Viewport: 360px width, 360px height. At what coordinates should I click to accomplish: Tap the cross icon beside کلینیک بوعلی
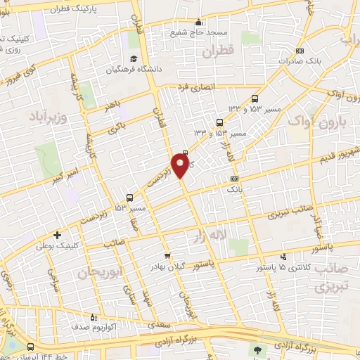(56, 235)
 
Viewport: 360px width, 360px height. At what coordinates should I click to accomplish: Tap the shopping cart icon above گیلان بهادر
(167, 256)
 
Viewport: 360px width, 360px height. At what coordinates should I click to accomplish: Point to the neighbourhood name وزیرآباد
(48, 114)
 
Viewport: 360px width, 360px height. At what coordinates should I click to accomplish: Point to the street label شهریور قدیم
(330, 157)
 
